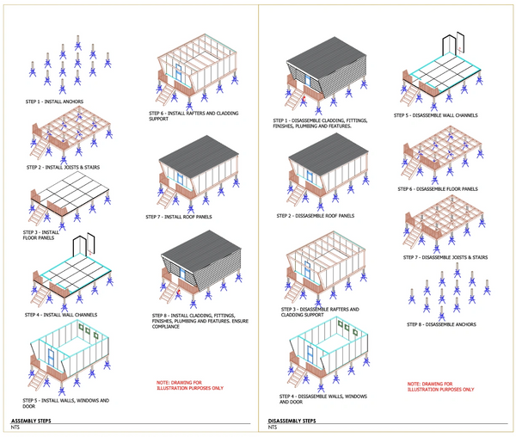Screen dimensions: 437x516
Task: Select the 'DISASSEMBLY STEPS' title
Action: (292, 421)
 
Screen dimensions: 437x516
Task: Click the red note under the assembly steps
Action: (190, 385)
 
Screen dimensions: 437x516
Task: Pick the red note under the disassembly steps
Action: (439, 385)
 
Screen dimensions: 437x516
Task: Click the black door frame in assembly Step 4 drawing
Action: (82, 247)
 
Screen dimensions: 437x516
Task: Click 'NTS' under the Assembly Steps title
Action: (15, 428)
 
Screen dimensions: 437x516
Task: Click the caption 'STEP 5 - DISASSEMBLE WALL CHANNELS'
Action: (436, 115)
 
